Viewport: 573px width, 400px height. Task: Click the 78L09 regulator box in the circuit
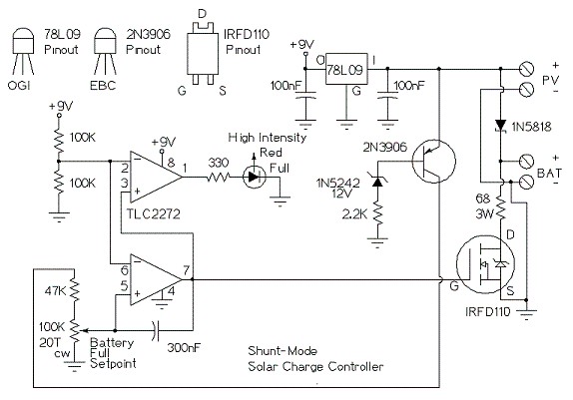click(346, 69)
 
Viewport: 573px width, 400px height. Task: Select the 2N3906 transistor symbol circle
click(434, 161)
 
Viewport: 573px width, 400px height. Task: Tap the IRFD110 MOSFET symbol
click(486, 263)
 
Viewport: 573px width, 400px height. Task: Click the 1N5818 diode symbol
click(500, 126)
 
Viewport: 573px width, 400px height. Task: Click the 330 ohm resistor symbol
click(219, 178)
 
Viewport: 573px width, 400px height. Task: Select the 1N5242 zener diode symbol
click(377, 181)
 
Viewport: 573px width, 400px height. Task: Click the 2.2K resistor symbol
click(377, 214)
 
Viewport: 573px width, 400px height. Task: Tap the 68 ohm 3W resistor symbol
click(501, 207)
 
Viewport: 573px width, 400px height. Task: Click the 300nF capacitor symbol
click(156, 331)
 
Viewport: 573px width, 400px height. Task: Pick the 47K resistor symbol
click(74, 289)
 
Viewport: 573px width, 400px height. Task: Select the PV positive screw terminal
click(526, 69)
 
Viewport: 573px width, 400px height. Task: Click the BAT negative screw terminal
click(526, 182)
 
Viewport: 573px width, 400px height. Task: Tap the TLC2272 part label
click(153, 213)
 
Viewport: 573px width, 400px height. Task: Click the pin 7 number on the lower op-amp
click(187, 270)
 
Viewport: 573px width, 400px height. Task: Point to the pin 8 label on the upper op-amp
click(171, 163)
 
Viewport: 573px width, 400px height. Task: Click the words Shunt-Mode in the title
click(283, 351)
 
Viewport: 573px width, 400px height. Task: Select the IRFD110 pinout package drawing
click(202, 53)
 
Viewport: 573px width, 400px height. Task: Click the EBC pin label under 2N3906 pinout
click(103, 86)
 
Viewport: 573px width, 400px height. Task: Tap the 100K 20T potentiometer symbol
click(75, 331)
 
